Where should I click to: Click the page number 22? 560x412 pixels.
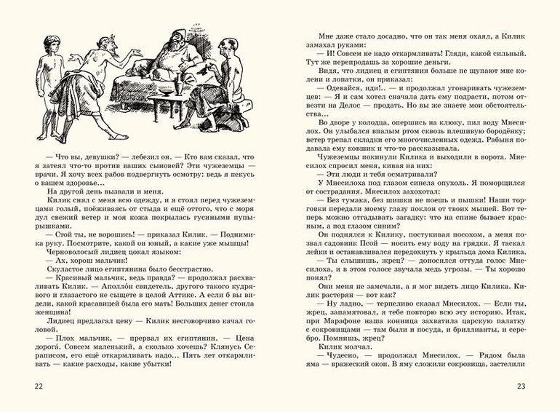tap(29, 387)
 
